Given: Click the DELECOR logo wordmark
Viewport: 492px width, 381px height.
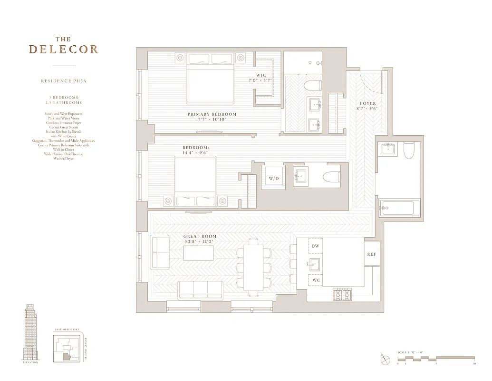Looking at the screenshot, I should pos(63,49).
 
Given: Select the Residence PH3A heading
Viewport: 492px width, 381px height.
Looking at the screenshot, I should pos(64,81).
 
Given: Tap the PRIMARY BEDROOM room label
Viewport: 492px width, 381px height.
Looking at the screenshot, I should pos(212,114).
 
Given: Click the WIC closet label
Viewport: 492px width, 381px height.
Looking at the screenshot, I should pos(261,75).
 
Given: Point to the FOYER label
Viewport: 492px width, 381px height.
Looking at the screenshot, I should pos(367,103).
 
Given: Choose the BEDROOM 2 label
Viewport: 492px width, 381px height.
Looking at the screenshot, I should pos(196,148).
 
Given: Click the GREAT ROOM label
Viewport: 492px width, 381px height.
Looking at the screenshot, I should pos(200,236).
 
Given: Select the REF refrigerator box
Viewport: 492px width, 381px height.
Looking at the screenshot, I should pos(371,255).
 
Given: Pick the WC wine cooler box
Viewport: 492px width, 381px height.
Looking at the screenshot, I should pos(316,280).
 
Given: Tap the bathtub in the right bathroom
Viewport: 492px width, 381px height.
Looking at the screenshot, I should pos(399,208).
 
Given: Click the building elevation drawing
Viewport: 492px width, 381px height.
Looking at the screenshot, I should pos(30,333).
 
